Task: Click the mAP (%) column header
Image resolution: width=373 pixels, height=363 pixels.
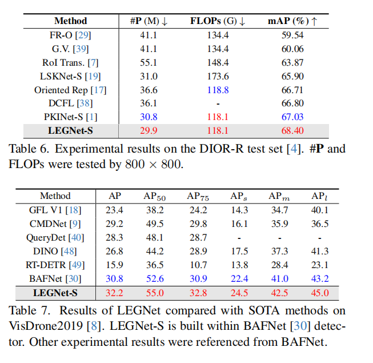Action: [x=292, y=21]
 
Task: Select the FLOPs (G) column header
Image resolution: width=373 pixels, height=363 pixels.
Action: [x=218, y=21]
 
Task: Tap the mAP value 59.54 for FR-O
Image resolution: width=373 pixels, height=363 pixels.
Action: [x=292, y=35]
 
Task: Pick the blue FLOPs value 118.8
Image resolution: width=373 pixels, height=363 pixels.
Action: [x=218, y=90]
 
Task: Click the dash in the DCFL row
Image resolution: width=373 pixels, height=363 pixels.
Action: [x=218, y=104]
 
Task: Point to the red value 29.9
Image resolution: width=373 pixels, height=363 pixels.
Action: [x=149, y=131]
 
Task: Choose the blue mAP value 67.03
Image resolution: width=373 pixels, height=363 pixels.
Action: [x=292, y=117]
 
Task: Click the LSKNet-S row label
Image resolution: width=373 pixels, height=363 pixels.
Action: [x=70, y=77]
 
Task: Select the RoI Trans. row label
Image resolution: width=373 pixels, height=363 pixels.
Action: [x=70, y=63]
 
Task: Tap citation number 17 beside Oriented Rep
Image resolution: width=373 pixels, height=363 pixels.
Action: [x=98, y=90]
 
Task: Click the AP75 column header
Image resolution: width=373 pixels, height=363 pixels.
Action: [x=198, y=197]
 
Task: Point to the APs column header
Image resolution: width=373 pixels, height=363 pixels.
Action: [x=239, y=197]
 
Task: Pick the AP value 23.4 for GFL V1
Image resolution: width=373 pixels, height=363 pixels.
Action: [x=114, y=210]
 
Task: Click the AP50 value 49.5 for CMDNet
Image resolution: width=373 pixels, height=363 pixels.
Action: [x=155, y=224]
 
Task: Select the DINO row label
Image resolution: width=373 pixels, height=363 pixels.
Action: [x=55, y=252]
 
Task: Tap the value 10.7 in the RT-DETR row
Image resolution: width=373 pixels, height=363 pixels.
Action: [x=198, y=265]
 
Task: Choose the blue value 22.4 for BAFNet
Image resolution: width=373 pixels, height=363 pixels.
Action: [x=239, y=279]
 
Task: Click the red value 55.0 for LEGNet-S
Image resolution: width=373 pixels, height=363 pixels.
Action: [x=155, y=293]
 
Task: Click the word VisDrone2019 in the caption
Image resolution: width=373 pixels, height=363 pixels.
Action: [x=46, y=326]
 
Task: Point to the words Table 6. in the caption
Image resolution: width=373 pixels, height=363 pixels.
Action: [x=29, y=149]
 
